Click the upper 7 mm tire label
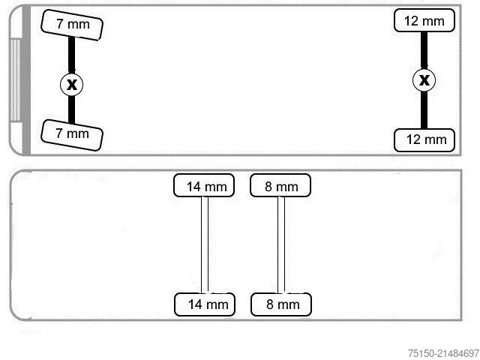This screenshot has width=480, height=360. click(x=72, y=25)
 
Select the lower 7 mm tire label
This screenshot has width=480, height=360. click(x=72, y=135)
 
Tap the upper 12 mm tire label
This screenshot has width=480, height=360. click(x=424, y=20)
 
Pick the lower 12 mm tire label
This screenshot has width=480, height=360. click(x=424, y=140)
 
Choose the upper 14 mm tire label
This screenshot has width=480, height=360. click(x=204, y=185)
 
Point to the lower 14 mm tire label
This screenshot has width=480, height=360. click(x=205, y=304)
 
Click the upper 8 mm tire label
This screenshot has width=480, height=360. click(x=280, y=185)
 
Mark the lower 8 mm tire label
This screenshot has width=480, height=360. click(x=281, y=304)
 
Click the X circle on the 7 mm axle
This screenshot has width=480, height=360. click(x=72, y=84)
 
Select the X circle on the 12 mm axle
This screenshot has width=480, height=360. click(x=424, y=80)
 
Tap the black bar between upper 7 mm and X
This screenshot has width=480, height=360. click(x=71, y=55)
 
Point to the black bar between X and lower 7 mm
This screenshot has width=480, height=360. click(x=71, y=109)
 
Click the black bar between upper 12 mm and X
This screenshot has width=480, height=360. click(x=424, y=50)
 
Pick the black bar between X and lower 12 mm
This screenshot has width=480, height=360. click(x=424, y=110)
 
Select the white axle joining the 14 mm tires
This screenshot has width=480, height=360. click(x=205, y=245)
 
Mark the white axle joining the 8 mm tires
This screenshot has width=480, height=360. click(x=281, y=245)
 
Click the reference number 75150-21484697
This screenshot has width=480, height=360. click(x=443, y=353)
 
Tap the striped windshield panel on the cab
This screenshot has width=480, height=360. click(x=15, y=80)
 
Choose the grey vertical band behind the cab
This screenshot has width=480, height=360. click(x=27, y=80)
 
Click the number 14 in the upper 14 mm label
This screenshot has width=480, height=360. click(x=193, y=187)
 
